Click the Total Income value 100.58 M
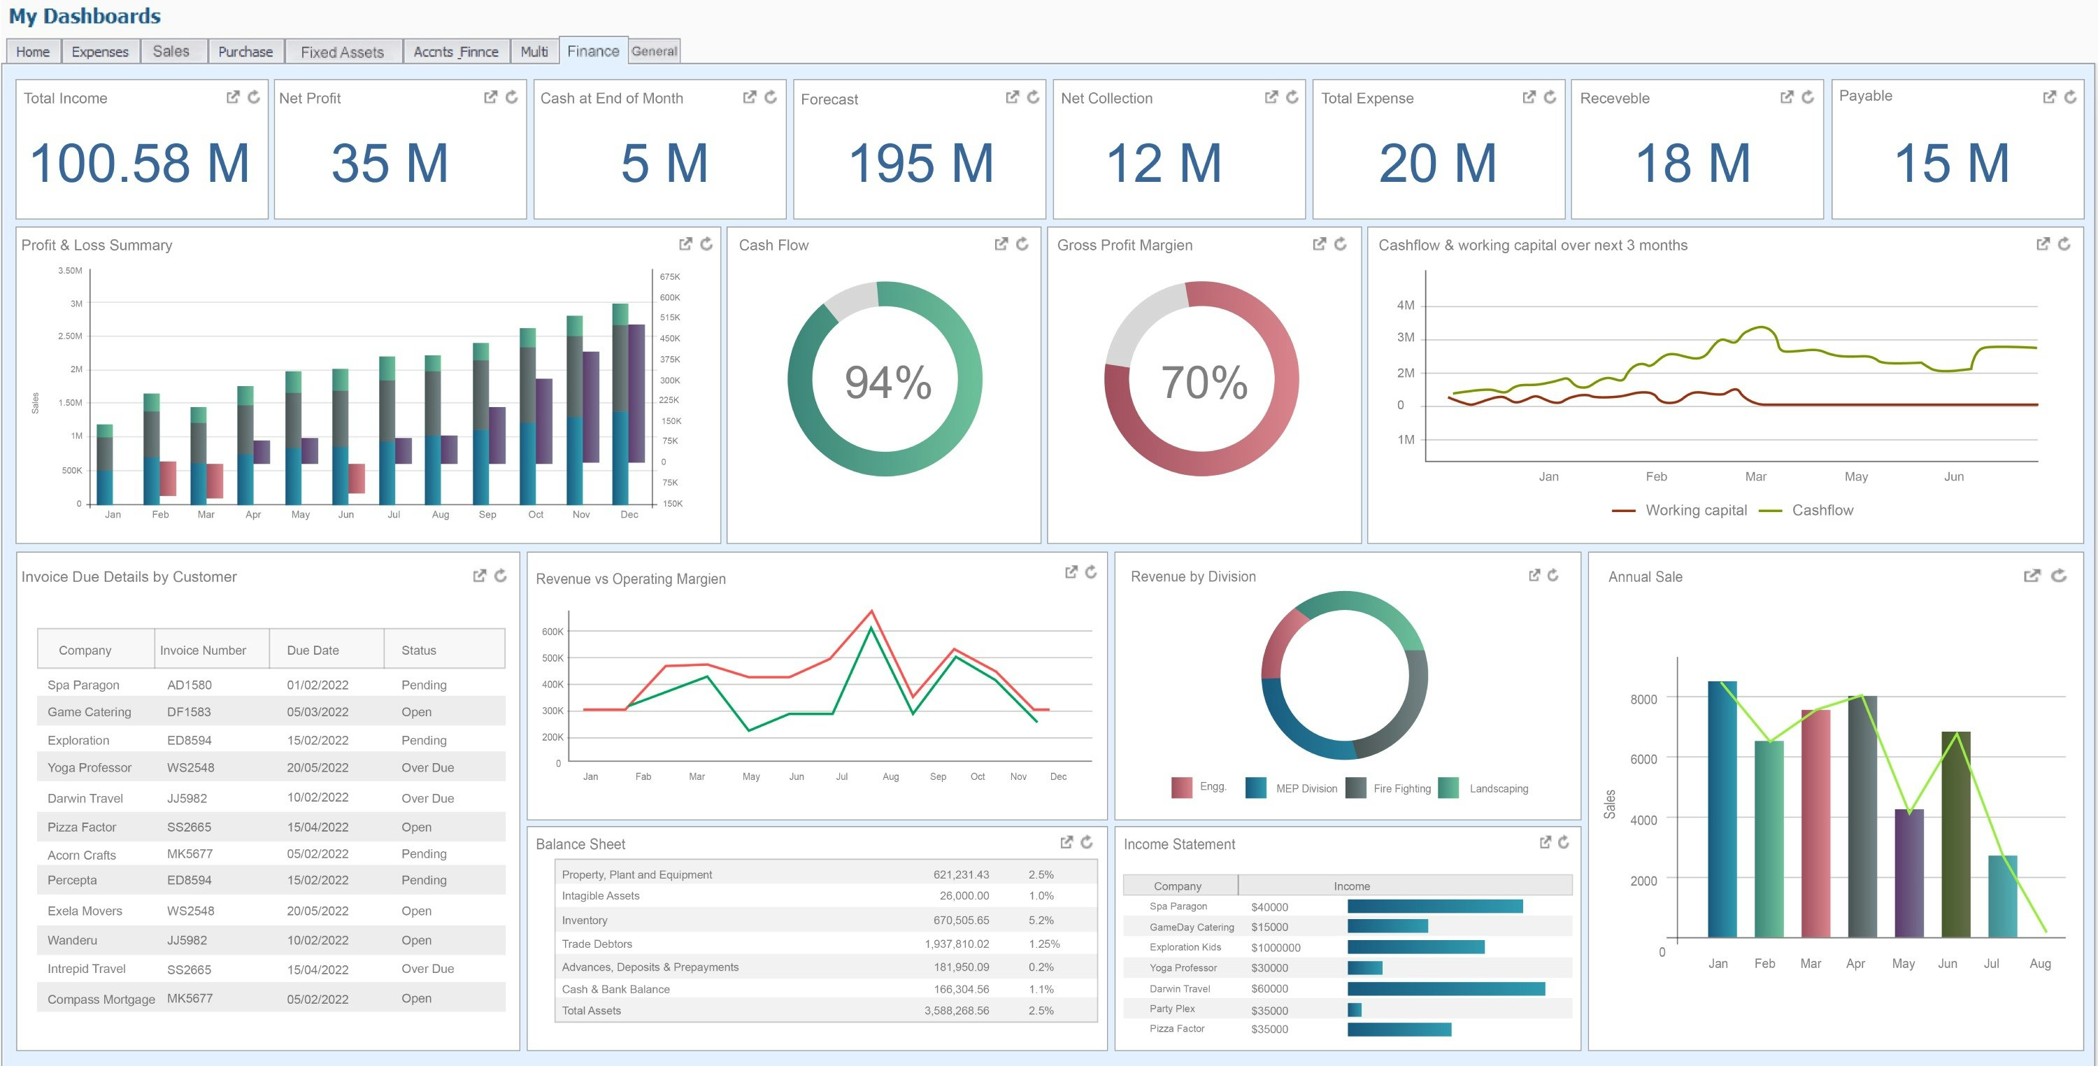[x=139, y=163]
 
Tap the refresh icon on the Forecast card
[x=1033, y=97]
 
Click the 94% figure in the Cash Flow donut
[x=887, y=382]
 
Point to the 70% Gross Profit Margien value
[x=1204, y=382]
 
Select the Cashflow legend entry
[x=1821, y=511]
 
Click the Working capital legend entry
[x=1695, y=511]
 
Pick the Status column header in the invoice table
[x=419, y=650]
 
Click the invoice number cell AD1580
[x=189, y=685]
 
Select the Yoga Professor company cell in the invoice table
[x=89, y=767]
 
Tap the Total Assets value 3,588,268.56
[x=956, y=1011]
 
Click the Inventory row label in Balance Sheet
[x=584, y=921]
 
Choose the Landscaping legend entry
[x=1498, y=788]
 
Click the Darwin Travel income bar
[x=1446, y=988]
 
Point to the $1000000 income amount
[x=1276, y=948]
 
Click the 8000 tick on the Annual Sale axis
[x=1643, y=699]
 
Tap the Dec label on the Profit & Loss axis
[x=629, y=515]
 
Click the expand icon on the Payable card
[x=2049, y=97]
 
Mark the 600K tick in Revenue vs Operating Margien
[x=552, y=632]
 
